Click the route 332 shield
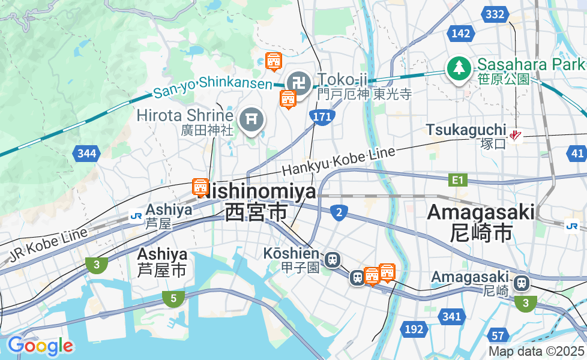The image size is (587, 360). pos(495,14)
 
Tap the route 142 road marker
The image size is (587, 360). pos(460,33)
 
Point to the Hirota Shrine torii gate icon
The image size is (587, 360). pos(251,120)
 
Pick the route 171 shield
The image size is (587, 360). pos(322,117)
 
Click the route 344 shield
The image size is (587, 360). pos(86,154)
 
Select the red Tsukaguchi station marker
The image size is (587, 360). pos(515,136)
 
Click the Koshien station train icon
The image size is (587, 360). pos(332,260)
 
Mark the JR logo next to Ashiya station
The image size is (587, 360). pos(136,215)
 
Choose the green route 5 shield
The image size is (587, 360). pos(173,298)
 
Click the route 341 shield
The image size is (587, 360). pos(451,316)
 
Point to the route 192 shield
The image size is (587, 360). pos(414,329)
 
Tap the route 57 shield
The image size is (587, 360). pos(498,335)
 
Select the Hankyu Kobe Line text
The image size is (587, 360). pos(339,161)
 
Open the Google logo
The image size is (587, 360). pos(40,346)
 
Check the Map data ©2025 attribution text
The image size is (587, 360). pos(536,351)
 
